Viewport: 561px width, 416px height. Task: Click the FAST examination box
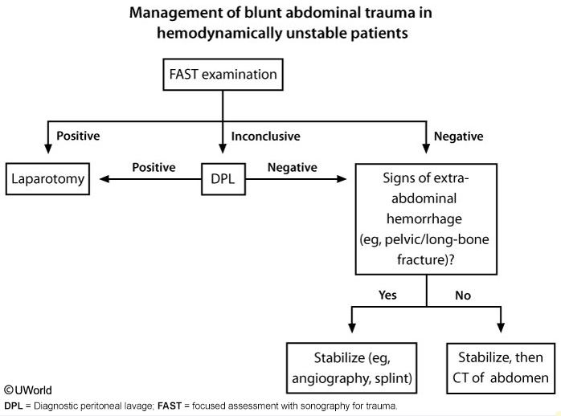pos(223,75)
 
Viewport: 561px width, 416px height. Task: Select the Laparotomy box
pos(47,178)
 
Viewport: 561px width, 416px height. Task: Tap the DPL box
pos(222,178)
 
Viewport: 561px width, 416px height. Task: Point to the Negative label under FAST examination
pos(458,137)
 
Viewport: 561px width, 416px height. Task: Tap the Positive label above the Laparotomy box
pos(78,137)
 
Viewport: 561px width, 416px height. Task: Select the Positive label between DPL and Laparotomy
pos(154,168)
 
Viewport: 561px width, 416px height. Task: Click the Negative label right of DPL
pos(291,168)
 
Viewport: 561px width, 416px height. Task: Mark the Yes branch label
pos(387,296)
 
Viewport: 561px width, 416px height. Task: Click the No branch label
pos(463,296)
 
